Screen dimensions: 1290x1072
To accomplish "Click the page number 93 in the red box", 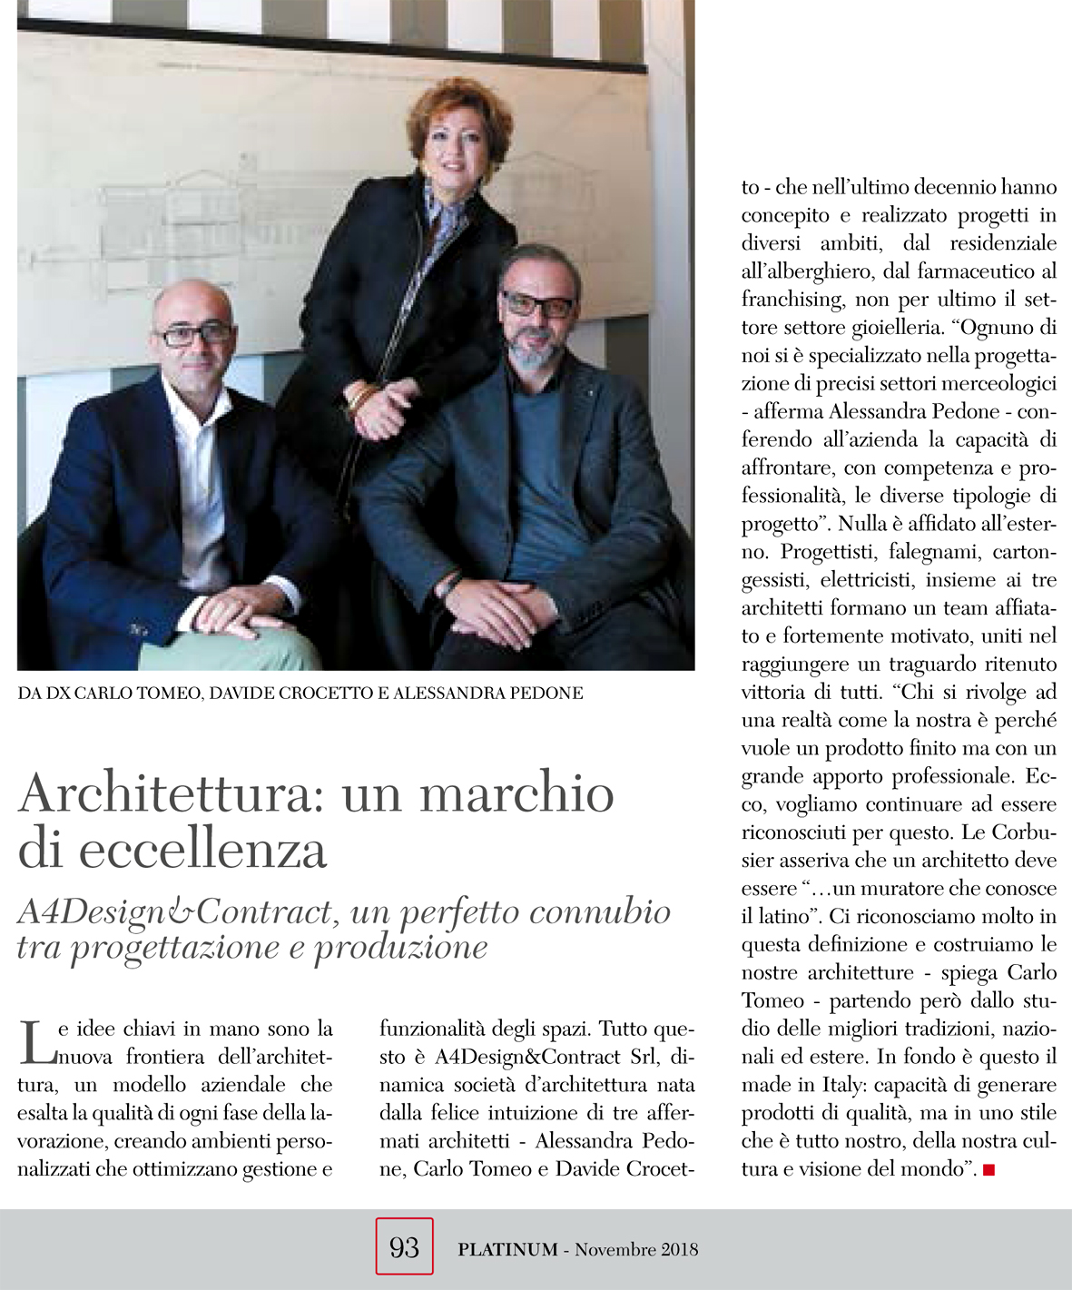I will pyautogui.click(x=404, y=1247).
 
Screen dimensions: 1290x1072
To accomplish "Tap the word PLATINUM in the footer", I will pyautogui.click(x=507, y=1249).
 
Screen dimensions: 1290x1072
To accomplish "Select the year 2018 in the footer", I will pyautogui.click(x=680, y=1249).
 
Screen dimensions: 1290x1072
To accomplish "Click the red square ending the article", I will pyautogui.click(x=988, y=1170).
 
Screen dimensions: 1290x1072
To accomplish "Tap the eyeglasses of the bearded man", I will pyautogui.click(x=536, y=304).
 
